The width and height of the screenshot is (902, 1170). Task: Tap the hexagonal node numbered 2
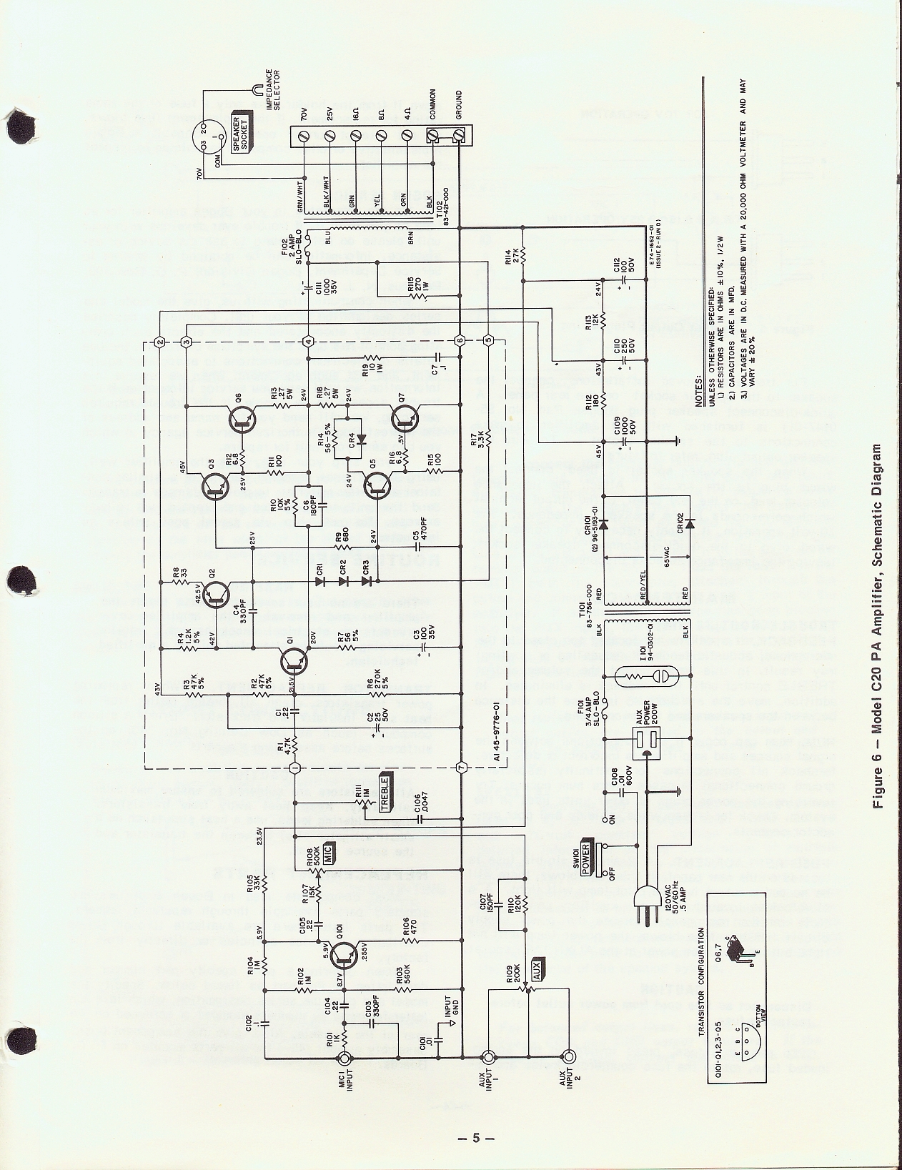pos(160,342)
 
